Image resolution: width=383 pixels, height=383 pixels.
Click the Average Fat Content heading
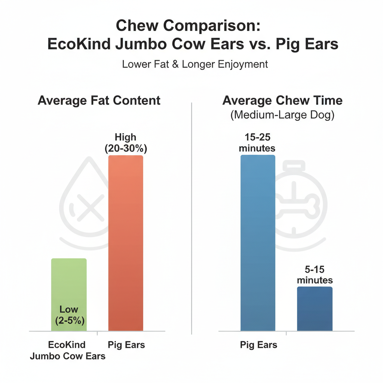pos(99,100)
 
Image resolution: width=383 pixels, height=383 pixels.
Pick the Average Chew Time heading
pos(282,100)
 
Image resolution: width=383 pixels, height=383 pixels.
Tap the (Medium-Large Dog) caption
pos(282,115)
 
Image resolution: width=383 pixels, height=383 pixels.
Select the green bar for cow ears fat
pos(69,284)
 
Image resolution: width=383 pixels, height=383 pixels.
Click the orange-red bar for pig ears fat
pos(126,243)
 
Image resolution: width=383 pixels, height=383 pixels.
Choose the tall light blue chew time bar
pos(258,243)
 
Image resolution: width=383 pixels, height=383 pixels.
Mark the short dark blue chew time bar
pos(315,309)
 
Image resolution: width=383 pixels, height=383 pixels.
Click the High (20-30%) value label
pos(126,143)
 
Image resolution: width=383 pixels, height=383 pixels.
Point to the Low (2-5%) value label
pos(69,315)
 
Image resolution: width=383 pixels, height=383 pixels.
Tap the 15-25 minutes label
pos(257,143)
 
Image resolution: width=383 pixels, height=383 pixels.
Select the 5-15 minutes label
pos(315,275)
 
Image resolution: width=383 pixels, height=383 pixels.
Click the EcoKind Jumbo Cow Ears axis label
pos(68,350)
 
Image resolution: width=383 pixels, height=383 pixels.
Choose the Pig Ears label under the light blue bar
pos(258,344)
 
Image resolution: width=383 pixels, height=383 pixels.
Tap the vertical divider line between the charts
pos(191,217)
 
